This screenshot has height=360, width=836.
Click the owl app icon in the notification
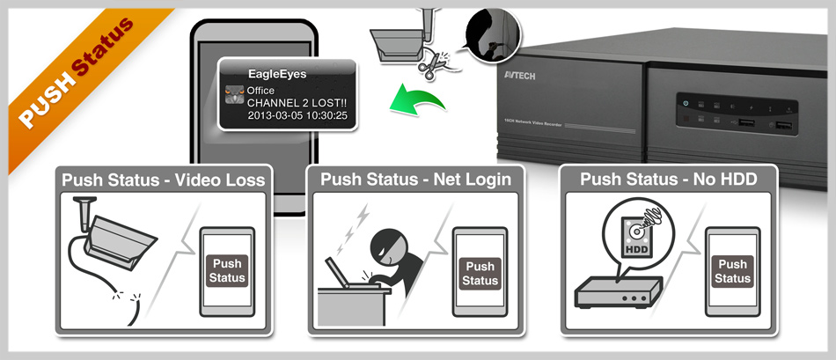(234, 94)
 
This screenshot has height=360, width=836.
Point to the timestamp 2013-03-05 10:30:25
(297, 115)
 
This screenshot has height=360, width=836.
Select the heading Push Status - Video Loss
(163, 180)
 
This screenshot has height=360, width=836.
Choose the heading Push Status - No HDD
(668, 180)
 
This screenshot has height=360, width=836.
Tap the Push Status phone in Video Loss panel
(226, 272)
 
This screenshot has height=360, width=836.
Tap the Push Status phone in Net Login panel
(480, 272)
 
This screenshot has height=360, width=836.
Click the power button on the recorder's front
(685, 104)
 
